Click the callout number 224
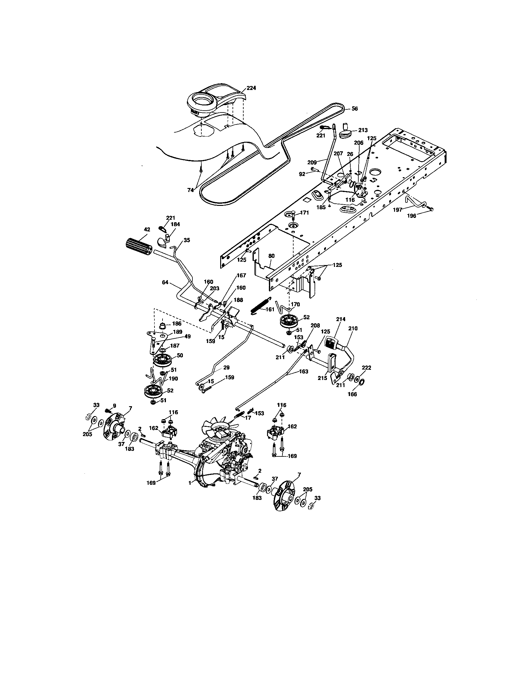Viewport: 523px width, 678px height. coord(251,88)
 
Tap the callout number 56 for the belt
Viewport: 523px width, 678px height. coord(355,109)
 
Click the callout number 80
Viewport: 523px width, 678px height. coord(271,256)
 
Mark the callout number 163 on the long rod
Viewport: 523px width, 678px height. coord(304,371)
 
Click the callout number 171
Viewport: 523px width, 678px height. coord(305,213)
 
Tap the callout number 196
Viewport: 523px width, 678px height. coord(411,216)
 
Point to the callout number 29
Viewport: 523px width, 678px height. coord(226,368)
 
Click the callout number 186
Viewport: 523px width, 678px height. coord(177,324)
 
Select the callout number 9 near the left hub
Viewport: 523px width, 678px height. coord(114,406)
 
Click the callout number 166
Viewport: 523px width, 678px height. coord(352,394)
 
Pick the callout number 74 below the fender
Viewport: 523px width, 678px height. coord(190,190)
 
